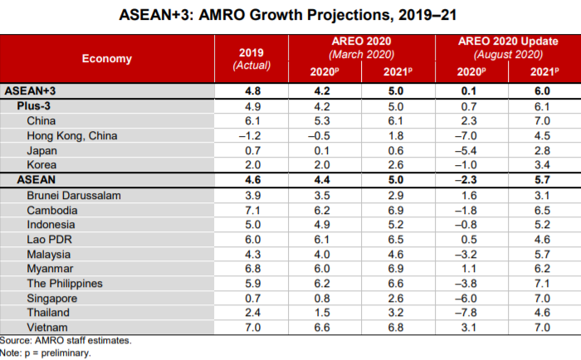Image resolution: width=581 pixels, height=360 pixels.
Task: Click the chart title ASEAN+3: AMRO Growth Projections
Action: pos(290,14)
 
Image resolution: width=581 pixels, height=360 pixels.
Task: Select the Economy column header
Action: pos(107,58)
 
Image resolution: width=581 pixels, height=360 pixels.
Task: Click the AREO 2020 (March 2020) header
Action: pos(361,46)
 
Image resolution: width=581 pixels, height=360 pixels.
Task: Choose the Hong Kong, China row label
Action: pos(72,135)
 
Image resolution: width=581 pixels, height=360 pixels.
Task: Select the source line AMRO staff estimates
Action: pos(66,340)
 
